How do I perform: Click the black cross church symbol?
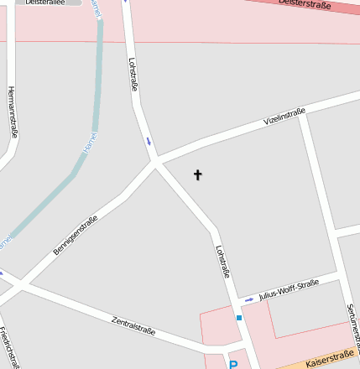(199, 174)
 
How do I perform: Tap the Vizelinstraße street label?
(284, 117)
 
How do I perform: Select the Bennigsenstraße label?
(76, 235)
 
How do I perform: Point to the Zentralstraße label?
(133, 325)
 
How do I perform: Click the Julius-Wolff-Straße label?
(289, 289)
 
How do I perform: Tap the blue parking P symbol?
(233, 364)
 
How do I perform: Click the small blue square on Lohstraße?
(239, 318)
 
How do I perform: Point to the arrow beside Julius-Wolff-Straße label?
(248, 299)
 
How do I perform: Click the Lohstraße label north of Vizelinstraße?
(133, 75)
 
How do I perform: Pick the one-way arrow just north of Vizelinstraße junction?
(149, 140)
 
